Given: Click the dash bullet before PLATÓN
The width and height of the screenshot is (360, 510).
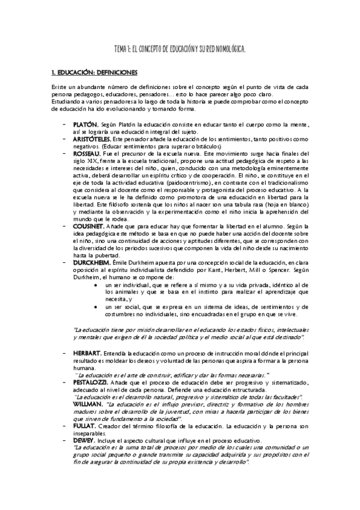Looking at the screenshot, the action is click(64, 123).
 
